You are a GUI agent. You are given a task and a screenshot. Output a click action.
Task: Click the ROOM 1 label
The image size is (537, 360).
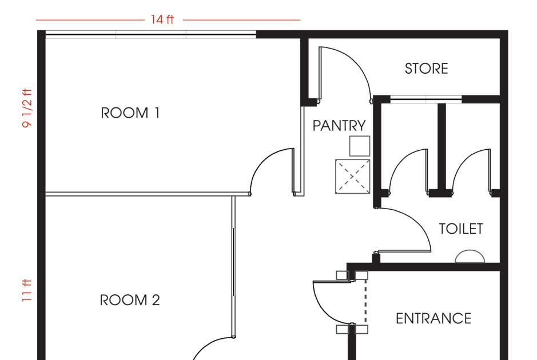click(x=130, y=113)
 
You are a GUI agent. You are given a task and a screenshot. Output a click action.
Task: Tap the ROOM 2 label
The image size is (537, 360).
click(x=130, y=300)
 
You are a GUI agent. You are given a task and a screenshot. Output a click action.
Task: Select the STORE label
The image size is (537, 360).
click(x=426, y=69)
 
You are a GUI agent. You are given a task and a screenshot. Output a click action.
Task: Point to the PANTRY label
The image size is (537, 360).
click(x=339, y=126)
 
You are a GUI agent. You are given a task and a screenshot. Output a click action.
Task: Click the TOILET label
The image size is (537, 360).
click(x=461, y=229)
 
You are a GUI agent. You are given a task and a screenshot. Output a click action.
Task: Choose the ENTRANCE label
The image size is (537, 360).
click(x=433, y=319)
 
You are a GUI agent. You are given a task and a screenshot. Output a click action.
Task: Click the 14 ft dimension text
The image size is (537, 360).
click(x=162, y=20)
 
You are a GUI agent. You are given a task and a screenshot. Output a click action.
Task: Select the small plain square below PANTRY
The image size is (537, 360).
click(x=360, y=146)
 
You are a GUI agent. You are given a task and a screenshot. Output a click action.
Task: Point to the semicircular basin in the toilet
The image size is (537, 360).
click(x=470, y=257)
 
